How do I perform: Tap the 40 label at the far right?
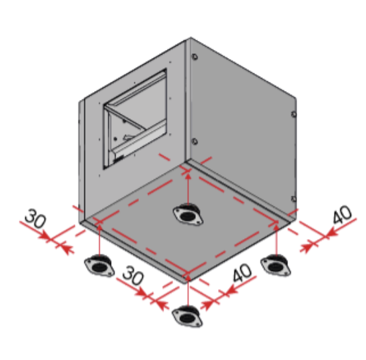(x=341, y=215)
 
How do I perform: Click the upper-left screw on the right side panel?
(x=195, y=58)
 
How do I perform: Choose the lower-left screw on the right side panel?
(x=194, y=141)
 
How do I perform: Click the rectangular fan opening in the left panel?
(x=136, y=120)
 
